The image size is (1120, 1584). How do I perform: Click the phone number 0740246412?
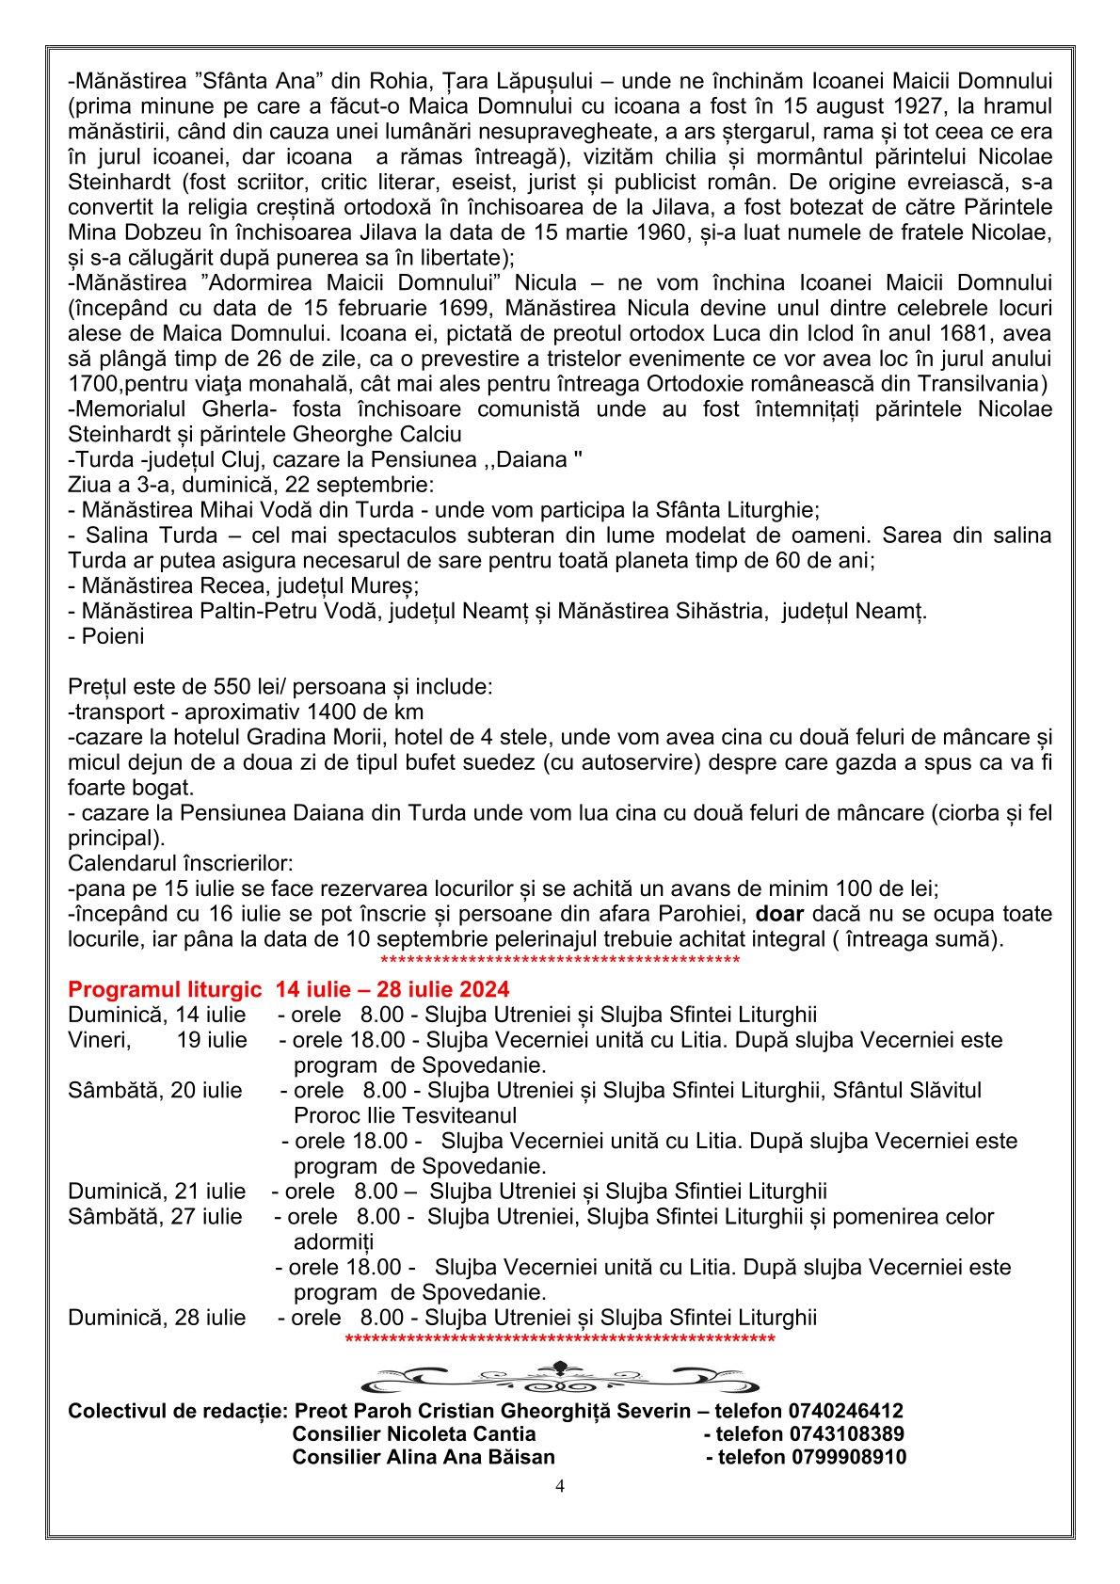tap(846, 1411)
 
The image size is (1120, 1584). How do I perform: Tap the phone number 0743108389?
tap(846, 1434)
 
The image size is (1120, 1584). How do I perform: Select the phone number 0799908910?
tap(849, 1457)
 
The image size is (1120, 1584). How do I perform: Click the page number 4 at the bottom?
tap(560, 1487)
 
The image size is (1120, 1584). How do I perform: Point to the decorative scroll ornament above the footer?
tap(561, 1377)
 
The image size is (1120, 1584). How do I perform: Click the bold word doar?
tap(780, 914)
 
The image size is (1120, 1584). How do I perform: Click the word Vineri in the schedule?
tap(99, 1040)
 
